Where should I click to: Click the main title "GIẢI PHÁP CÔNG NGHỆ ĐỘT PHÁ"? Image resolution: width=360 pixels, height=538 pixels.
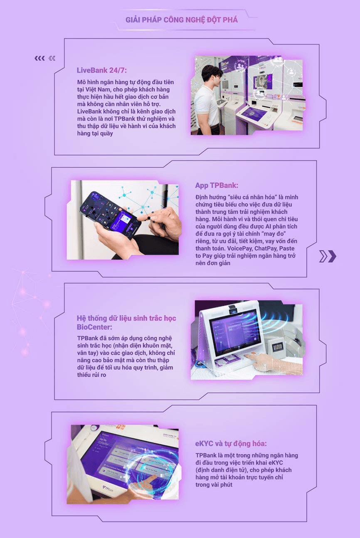pos(181,20)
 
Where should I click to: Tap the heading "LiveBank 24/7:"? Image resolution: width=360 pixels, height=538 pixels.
pos(102,70)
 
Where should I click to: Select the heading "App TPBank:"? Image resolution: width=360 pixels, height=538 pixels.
pos(217,185)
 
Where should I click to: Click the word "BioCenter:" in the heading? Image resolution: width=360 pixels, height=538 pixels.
pos(94,327)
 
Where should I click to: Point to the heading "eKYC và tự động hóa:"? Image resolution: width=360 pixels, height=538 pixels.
pos(231,443)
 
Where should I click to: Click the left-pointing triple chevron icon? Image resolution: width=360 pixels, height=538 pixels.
pos(39,58)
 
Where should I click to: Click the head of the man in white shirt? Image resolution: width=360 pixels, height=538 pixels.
pos(211,76)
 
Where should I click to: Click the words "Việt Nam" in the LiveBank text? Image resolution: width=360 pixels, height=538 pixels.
pos(96,90)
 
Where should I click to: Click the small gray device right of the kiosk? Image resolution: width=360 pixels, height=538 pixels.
pos(277,348)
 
